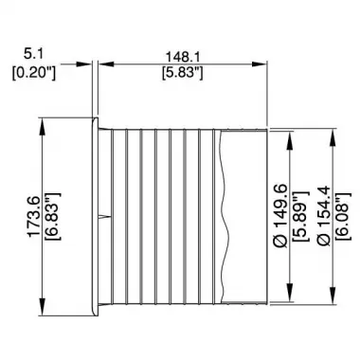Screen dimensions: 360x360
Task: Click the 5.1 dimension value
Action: (x=33, y=55)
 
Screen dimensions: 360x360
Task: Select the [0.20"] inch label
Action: (x=34, y=74)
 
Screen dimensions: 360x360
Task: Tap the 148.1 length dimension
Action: (x=183, y=57)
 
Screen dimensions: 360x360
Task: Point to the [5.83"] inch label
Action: (x=182, y=73)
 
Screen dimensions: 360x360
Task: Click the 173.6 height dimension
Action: (x=34, y=217)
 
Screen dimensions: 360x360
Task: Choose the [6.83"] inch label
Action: (x=53, y=217)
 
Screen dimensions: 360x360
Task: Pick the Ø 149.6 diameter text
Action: (x=280, y=216)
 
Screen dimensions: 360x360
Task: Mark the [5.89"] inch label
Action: (x=299, y=216)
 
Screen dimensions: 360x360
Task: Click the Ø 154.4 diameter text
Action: (x=324, y=216)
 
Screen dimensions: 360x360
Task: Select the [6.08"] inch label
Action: (x=343, y=216)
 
